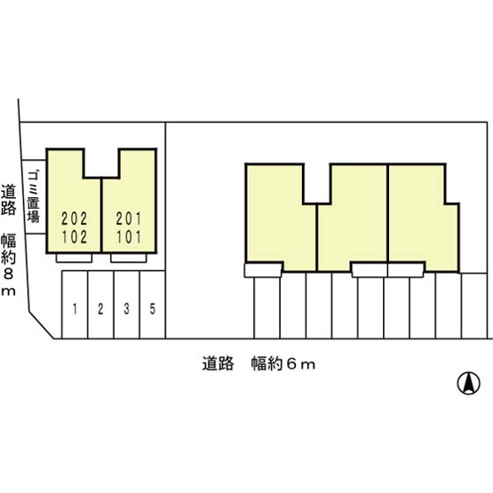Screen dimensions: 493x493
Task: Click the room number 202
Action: (75, 219)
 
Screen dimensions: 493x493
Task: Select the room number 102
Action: (75, 237)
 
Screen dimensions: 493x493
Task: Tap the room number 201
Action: (129, 219)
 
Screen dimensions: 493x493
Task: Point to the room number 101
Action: (129, 237)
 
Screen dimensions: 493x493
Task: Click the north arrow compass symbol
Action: (468, 383)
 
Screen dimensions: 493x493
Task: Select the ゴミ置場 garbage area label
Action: (33, 196)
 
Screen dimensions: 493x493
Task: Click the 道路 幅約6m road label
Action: (258, 364)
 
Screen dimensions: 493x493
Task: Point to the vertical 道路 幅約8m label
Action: (8, 241)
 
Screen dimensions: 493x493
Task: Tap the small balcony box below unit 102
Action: (75, 258)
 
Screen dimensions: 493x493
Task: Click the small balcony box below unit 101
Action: (129, 258)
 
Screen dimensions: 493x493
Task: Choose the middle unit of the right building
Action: (353, 217)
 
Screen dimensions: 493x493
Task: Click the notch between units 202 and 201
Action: (101, 163)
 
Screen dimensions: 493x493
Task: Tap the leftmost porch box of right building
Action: (263, 270)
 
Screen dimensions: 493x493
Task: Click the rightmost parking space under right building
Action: (474, 306)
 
